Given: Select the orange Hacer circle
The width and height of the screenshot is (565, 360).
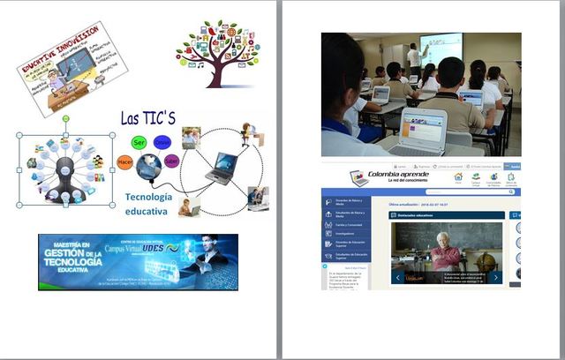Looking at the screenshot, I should pos(124,161).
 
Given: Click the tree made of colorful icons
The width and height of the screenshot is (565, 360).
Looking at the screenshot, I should pos(215,52).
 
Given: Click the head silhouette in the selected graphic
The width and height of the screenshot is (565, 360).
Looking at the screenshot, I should pos(64,170).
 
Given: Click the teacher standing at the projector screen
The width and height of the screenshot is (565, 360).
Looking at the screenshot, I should pos(413,58).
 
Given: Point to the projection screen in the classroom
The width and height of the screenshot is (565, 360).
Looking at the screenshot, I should pos(441,49).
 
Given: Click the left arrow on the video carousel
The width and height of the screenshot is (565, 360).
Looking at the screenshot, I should pos(397,277).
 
